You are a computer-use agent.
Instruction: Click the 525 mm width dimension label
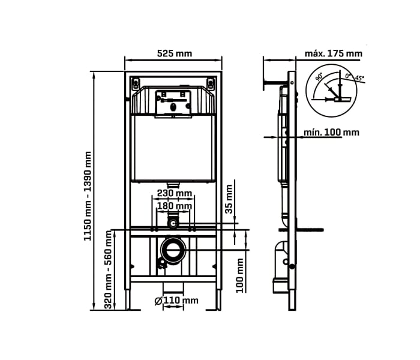click(x=174, y=53)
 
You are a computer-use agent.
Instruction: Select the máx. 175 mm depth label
click(x=333, y=53)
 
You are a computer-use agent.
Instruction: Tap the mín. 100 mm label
click(x=331, y=132)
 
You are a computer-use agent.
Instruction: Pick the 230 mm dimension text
click(x=174, y=193)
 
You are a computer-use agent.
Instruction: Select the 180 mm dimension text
click(x=174, y=206)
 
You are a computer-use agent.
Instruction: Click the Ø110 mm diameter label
click(x=176, y=300)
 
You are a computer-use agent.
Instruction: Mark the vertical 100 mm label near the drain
click(x=240, y=275)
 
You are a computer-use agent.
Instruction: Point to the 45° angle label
click(x=359, y=78)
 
